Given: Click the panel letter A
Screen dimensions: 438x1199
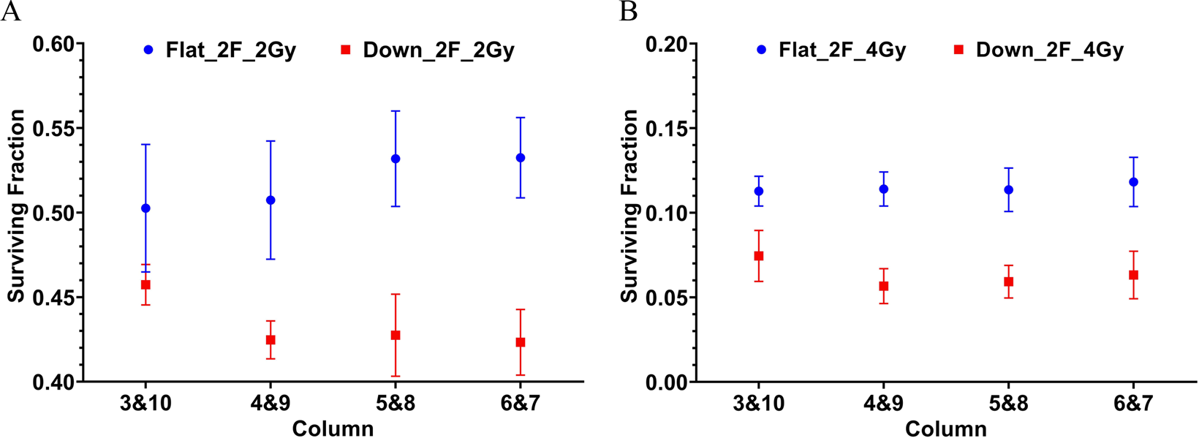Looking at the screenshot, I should pyautogui.click(x=10, y=12).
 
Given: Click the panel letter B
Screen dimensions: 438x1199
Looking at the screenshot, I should pyautogui.click(x=628, y=12).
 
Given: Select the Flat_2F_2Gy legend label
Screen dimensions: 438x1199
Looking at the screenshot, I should pyautogui.click(x=230, y=50).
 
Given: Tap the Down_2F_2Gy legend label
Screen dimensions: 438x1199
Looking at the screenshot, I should pyautogui.click(x=439, y=50).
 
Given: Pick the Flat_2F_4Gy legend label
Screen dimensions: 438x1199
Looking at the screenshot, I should pyautogui.click(x=842, y=50).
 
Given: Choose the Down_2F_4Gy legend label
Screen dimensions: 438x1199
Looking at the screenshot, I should pyautogui.click(x=1049, y=50).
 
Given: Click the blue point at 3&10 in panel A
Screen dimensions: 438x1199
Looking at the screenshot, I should pyautogui.click(x=145, y=208).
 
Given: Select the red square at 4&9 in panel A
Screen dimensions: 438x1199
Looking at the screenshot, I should pyautogui.click(x=271, y=340).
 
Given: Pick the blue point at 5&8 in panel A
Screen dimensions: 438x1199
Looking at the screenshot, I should pyautogui.click(x=396, y=159).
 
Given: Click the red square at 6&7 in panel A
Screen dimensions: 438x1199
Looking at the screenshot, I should pyautogui.click(x=521, y=342).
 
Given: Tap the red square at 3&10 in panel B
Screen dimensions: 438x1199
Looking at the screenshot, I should pyautogui.click(x=759, y=256).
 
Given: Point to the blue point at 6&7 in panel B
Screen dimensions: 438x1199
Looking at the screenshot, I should pyautogui.click(x=1133, y=182).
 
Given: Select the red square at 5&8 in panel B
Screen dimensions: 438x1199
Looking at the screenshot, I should pyautogui.click(x=1009, y=282).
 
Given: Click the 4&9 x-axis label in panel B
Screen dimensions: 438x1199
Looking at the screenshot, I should pyautogui.click(x=883, y=404).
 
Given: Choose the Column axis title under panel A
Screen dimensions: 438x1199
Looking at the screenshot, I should pyautogui.click(x=333, y=428).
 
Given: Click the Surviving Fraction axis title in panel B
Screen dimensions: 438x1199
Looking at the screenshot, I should pyautogui.click(x=629, y=206).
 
